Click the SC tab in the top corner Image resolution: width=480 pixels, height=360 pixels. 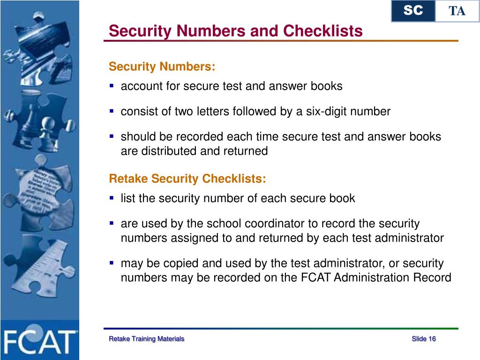pyautogui.click(x=413, y=11)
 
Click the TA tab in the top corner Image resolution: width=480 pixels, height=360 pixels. pyautogui.click(x=457, y=11)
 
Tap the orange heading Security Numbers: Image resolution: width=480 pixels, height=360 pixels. pyautogui.click(x=162, y=67)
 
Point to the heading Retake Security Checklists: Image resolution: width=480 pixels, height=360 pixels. pyautogui.click(x=187, y=179)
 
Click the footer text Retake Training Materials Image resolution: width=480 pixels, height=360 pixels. pyautogui.click(x=146, y=339)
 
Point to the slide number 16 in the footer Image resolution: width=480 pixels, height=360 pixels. pyautogui.click(x=432, y=339)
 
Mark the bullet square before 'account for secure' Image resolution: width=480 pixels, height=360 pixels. pyautogui.click(x=112, y=86)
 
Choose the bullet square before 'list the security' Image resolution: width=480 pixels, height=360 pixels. pyautogui.click(x=112, y=198)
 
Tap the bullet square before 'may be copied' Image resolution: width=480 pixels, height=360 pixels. pyautogui.click(x=112, y=263)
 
